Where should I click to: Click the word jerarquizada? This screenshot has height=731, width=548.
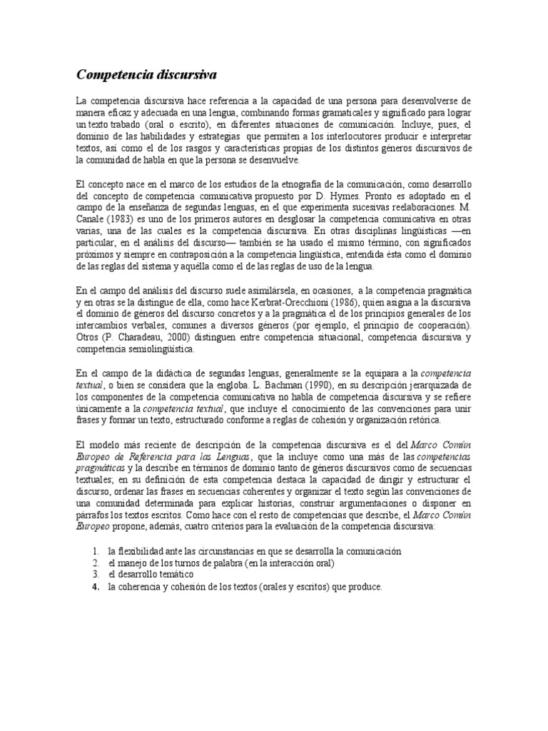tap(436, 385)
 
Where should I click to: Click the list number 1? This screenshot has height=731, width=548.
tap(95, 551)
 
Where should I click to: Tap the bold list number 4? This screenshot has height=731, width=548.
tap(95, 587)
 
